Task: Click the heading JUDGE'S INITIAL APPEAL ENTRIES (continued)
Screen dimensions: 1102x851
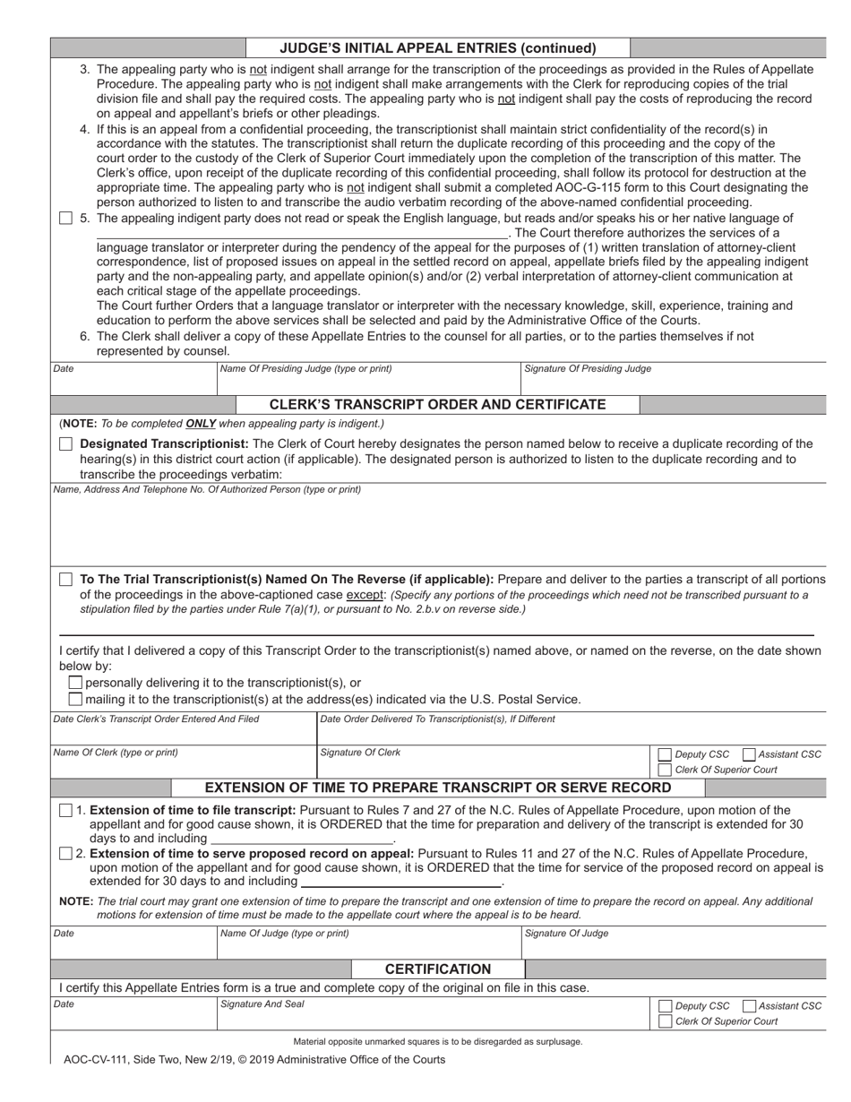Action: [438, 48]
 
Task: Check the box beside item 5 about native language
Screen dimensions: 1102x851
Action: [65, 219]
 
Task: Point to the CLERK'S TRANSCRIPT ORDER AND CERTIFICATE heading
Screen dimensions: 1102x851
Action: [438, 405]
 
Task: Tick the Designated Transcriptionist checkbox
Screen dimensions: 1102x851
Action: [65, 444]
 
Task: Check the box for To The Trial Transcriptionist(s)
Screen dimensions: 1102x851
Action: [65, 580]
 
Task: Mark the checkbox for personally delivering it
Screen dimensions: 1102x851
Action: [76, 683]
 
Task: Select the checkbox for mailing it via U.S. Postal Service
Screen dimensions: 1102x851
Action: [76, 699]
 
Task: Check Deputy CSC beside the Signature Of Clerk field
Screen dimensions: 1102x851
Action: [665, 754]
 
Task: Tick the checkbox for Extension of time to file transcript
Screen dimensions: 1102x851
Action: [65, 811]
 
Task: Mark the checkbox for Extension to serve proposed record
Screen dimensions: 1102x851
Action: [65, 853]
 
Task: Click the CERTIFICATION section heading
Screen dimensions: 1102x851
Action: [438, 969]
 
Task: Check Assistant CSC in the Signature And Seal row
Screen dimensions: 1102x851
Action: [750, 1006]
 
